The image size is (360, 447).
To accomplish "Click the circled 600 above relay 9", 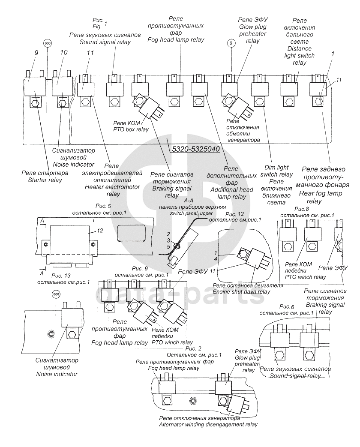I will (47, 44).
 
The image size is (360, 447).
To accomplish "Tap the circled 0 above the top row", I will (231, 43).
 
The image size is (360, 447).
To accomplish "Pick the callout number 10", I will (64, 52).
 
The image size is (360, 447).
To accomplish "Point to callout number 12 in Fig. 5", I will (100, 231).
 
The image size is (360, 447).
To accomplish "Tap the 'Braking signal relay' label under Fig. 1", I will (171, 185).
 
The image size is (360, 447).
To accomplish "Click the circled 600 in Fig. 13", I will (56, 294).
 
